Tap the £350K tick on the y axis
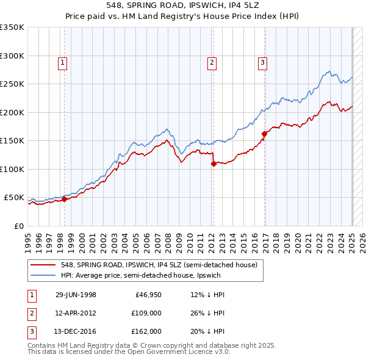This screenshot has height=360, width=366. coord(12,27)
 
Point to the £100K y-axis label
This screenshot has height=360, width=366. coord(12,169)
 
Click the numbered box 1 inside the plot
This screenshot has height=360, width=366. coord(63,62)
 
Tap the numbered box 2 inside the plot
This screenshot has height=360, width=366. coord(212,62)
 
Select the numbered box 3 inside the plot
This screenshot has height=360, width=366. coord(262,62)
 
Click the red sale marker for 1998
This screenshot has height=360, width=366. coord(64,198)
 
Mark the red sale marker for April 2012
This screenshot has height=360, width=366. coord(213,164)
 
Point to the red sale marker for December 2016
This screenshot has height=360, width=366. coord(264,134)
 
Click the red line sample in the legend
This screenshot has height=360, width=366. coord(43,265)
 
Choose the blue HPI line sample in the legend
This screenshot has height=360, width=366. coord(43,275)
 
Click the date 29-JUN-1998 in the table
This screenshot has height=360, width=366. coord(76,295)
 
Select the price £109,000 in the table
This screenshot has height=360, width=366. coord(147,313)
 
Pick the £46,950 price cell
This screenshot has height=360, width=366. coord(148,295)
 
